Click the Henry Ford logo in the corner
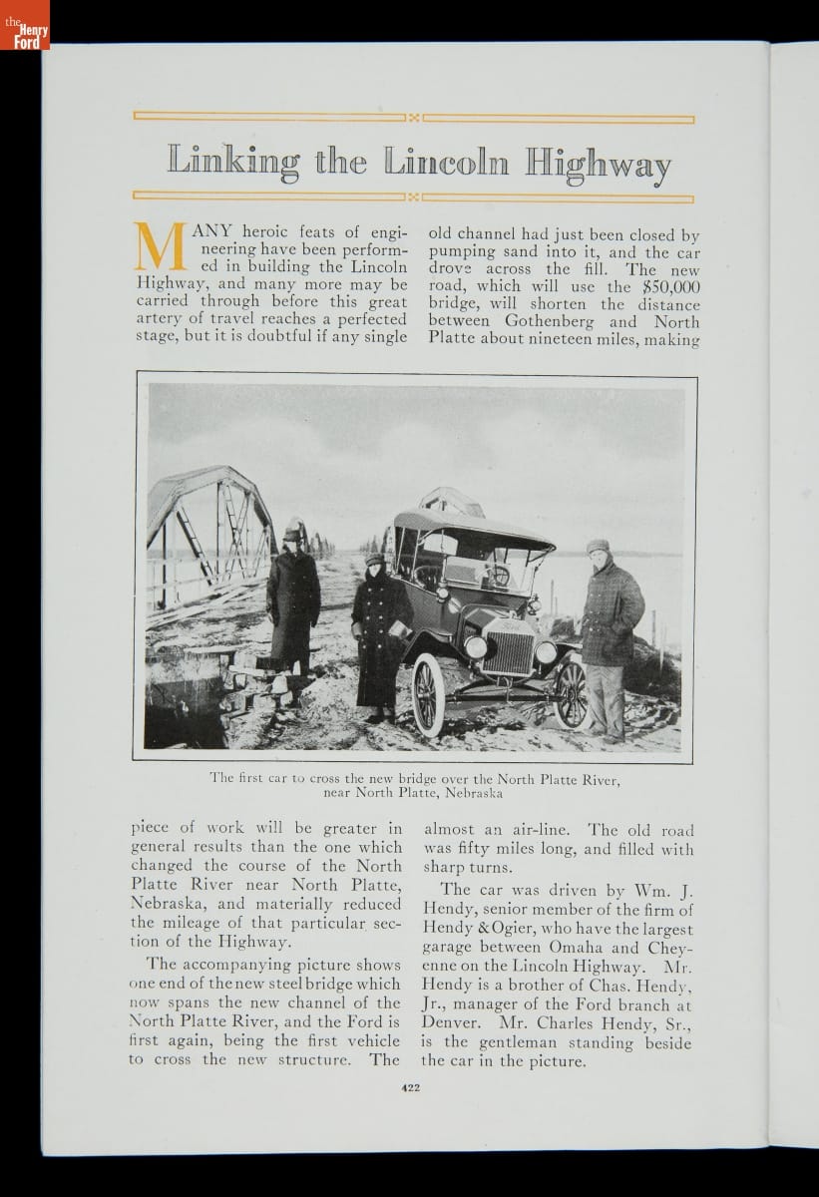24,25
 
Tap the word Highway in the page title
598,164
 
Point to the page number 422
409,1088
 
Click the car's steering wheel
496,576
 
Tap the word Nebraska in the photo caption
467,794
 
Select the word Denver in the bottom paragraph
455,1023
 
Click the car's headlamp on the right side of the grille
545,652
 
